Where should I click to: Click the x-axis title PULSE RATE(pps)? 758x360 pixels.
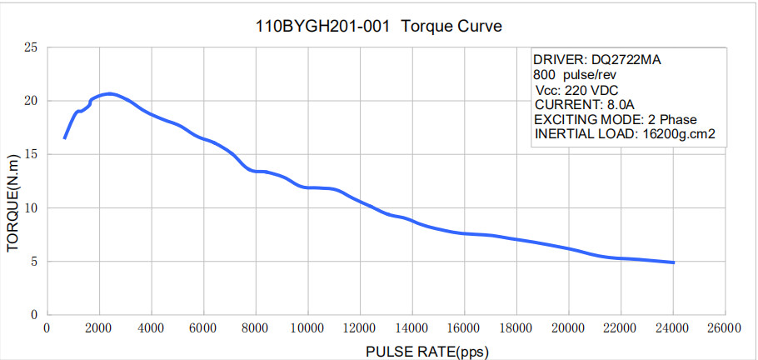click(426, 351)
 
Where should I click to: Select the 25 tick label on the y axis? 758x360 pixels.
click(32, 47)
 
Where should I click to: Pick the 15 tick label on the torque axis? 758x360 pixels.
click(32, 154)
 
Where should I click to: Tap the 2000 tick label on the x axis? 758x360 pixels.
click(99, 328)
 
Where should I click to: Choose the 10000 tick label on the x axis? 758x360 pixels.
click(307, 328)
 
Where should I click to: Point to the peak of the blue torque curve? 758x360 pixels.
click(109, 93)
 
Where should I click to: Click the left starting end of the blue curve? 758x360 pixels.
click(64, 137)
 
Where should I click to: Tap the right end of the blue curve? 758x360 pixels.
click(672, 262)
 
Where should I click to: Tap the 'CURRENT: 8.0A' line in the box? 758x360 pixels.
click(585, 105)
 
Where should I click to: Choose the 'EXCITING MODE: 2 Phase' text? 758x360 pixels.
click(616, 119)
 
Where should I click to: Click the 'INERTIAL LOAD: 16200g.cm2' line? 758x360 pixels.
click(626, 134)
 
